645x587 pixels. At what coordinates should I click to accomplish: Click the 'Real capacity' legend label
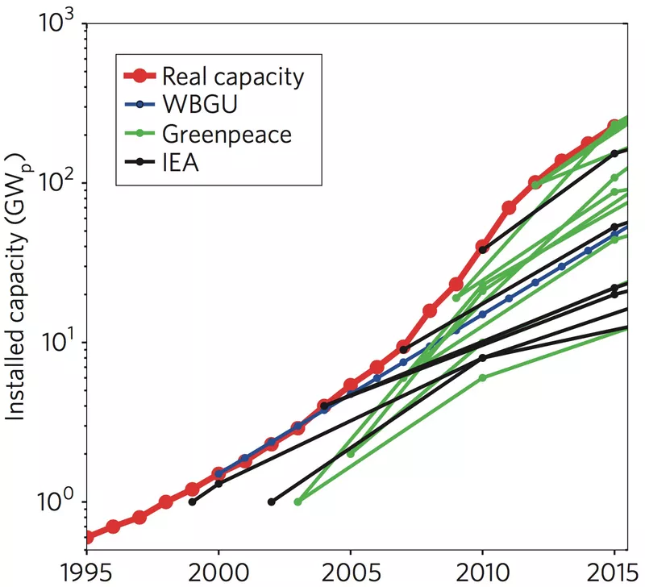[233, 77]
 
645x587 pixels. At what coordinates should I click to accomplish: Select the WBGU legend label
[199, 105]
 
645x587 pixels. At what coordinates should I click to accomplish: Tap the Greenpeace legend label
[226, 133]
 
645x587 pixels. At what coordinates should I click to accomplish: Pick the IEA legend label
[179, 161]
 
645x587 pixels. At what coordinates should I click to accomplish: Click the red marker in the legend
[139, 77]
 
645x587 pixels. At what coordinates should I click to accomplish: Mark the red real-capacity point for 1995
[87, 537]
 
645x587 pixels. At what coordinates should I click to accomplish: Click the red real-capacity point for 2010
[483, 246]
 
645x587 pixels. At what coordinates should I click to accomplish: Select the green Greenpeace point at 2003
[298, 502]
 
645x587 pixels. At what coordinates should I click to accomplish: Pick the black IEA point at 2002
[271, 502]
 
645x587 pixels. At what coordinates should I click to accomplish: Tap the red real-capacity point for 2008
[430, 310]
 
